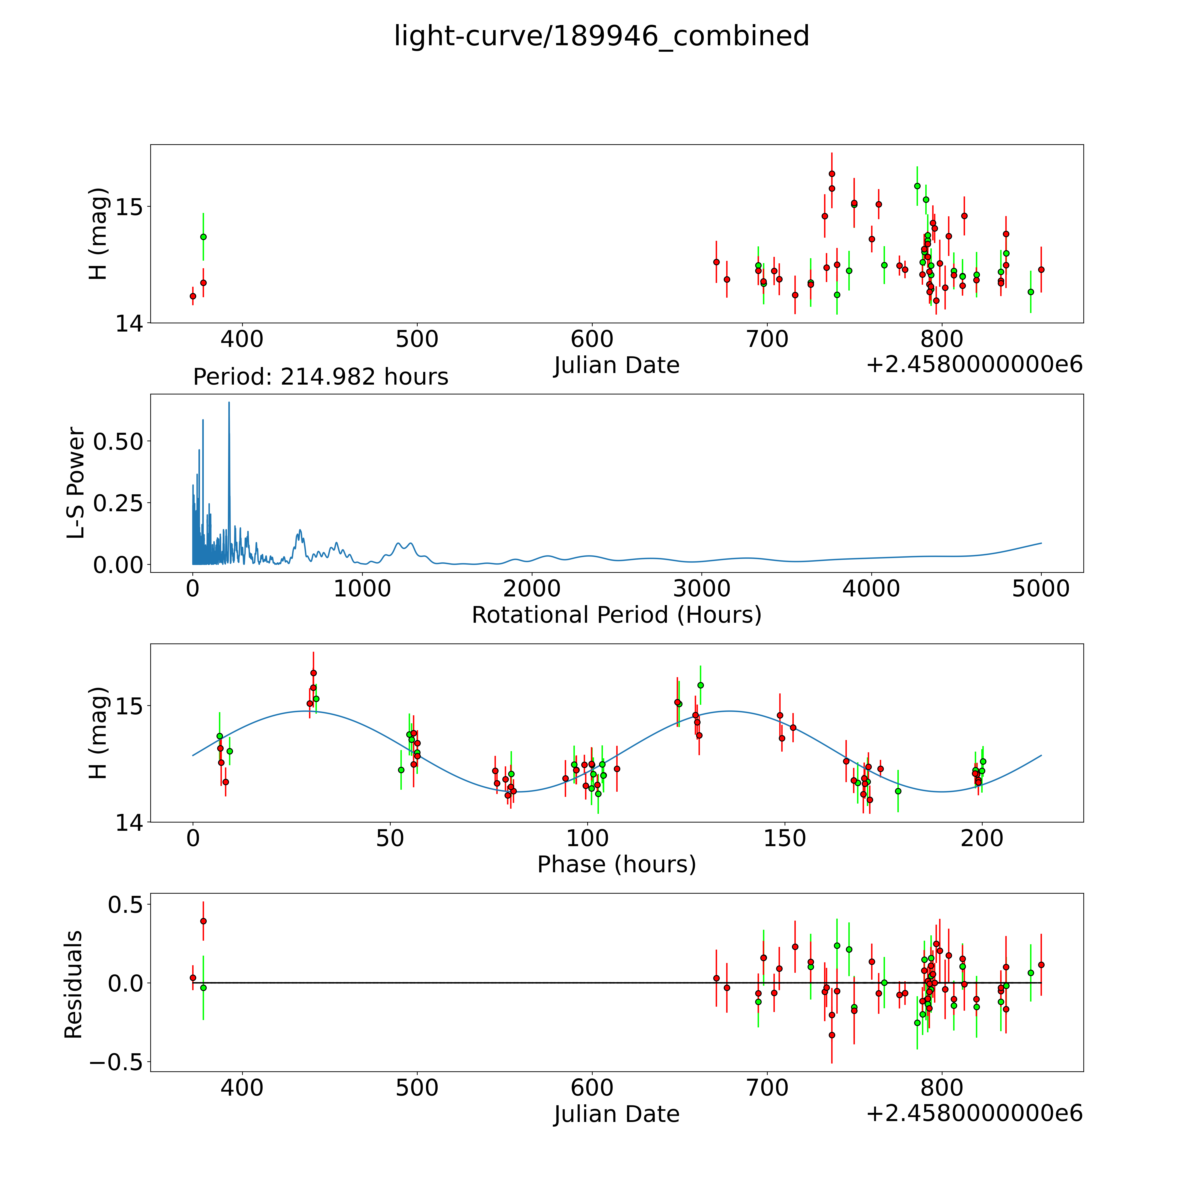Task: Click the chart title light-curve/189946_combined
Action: tap(601, 36)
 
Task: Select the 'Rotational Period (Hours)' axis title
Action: tap(616, 615)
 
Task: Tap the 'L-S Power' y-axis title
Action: tap(76, 483)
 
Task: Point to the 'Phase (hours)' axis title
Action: tap(616, 864)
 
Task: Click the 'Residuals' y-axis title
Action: tap(74, 985)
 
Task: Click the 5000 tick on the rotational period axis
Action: tap(1041, 589)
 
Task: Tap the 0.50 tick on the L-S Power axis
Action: tap(118, 441)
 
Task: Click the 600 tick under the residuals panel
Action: tap(592, 1088)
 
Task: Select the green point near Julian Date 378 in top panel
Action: tap(203, 237)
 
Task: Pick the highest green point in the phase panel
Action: tap(701, 685)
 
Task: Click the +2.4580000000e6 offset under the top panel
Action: tap(974, 365)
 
